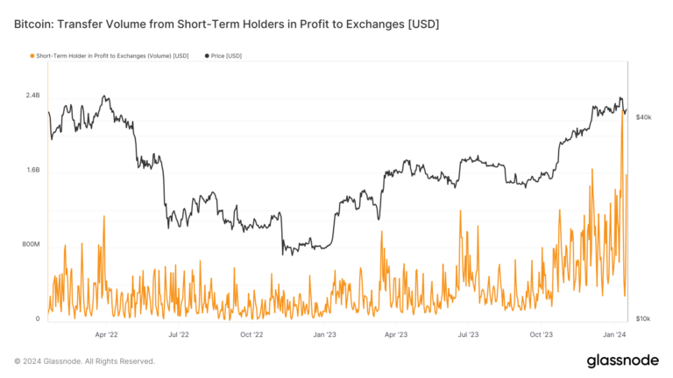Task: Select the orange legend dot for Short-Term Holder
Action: coord(32,56)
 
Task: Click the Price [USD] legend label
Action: coord(225,56)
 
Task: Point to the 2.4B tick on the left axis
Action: coord(32,95)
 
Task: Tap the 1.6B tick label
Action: coord(32,170)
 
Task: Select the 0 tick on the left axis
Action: coord(37,319)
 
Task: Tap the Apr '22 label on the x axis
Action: coord(106,334)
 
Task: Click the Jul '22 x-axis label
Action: coord(179,334)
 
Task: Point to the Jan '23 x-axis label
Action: coord(324,334)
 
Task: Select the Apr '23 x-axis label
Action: coord(396,334)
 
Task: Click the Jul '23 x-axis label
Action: coord(469,334)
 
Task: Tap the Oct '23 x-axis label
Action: coord(542,334)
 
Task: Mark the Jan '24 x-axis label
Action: coord(613,334)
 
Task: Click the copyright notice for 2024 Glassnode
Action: coord(84,360)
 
